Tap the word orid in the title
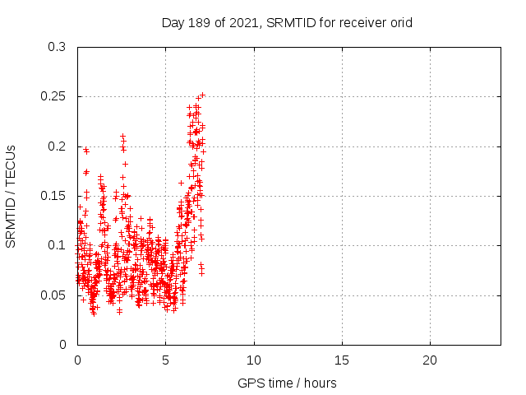pyautogui.click(x=399, y=23)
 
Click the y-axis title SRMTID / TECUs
pyautogui.click(x=12, y=196)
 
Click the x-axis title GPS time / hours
pyautogui.click(x=287, y=383)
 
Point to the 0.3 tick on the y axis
pyautogui.click(x=57, y=48)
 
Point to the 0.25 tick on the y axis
pyautogui.click(x=53, y=97)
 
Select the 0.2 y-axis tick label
pyautogui.click(x=57, y=146)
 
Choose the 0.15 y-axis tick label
pyautogui.click(x=53, y=196)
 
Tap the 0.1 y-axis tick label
pyautogui.click(x=57, y=245)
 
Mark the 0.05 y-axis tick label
pyautogui.click(x=53, y=295)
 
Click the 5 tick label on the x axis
pyautogui.click(x=165, y=360)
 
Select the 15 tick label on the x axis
pyautogui.click(x=341, y=360)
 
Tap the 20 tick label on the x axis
pyautogui.click(x=429, y=360)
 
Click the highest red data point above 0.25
pyautogui.click(x=202, y=95)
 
